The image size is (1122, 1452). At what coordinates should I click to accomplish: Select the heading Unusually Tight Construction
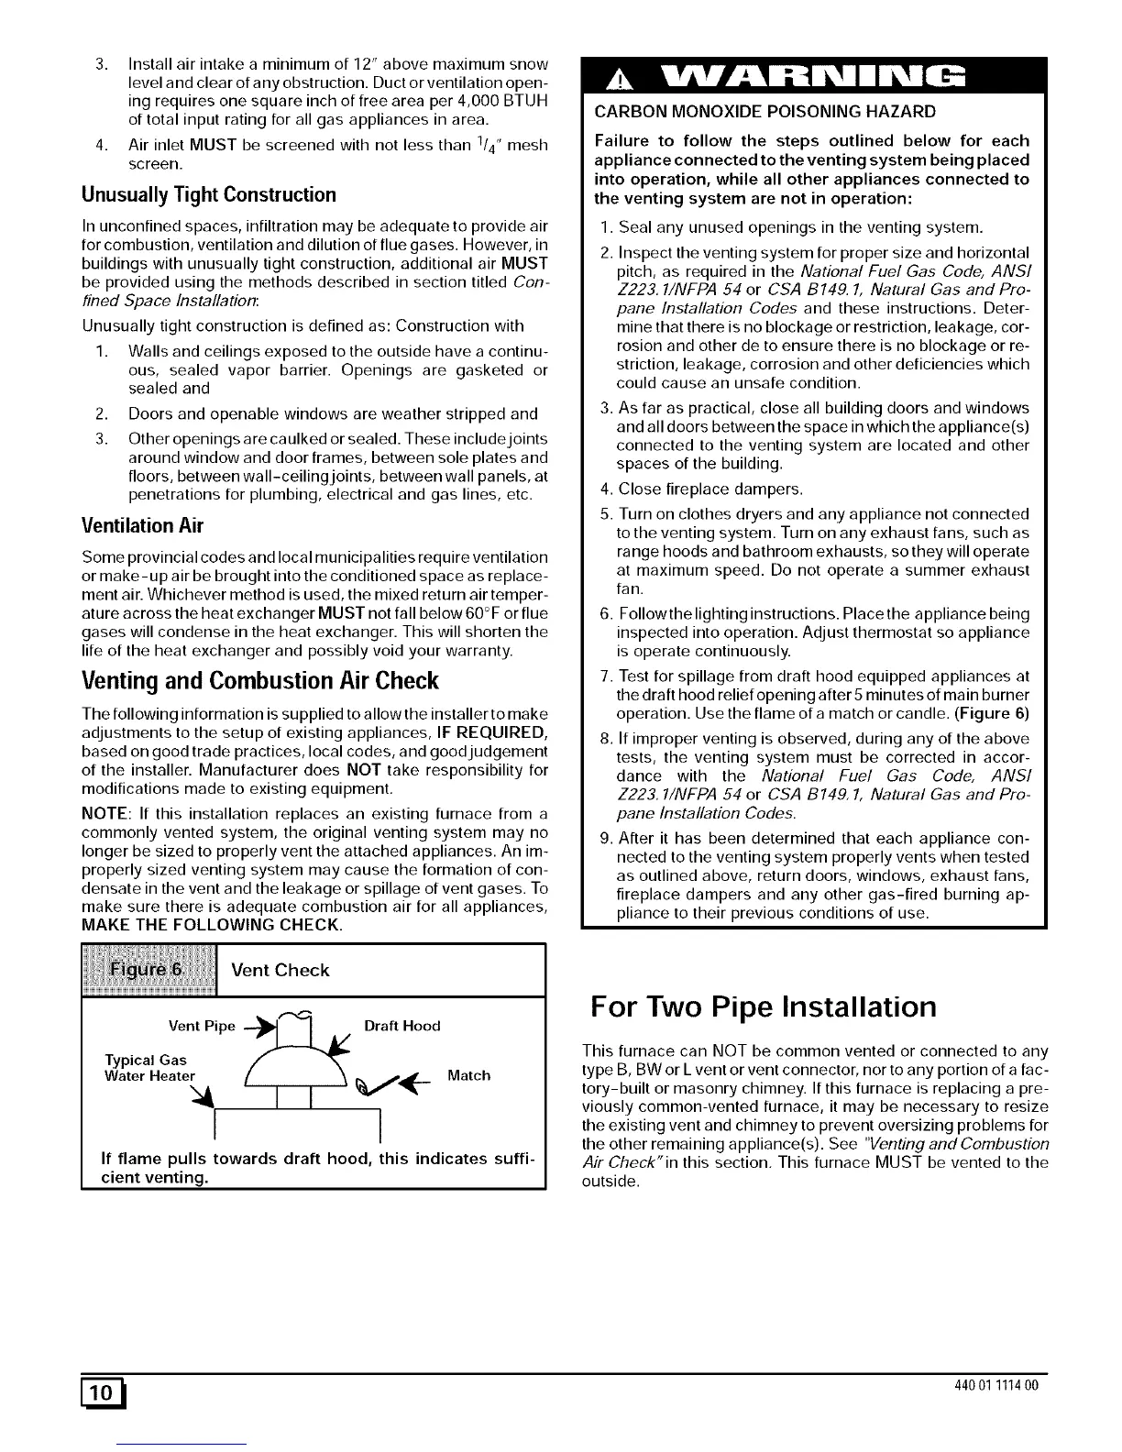pyautogui.click(x=209, y=194)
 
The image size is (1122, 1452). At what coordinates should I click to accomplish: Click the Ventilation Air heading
pyautogui.click(x=142, y=526)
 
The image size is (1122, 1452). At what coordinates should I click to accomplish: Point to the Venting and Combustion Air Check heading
pyautogui.click(x=260, y=681)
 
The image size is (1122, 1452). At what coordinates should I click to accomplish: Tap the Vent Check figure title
pyautogui.click(x=280, y=970)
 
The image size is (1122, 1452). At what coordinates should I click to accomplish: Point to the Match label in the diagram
pyautogui.click(x=468, y=1074)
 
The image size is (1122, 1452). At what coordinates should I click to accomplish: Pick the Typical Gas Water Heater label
pyautogui.click(x=150, y=1068)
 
